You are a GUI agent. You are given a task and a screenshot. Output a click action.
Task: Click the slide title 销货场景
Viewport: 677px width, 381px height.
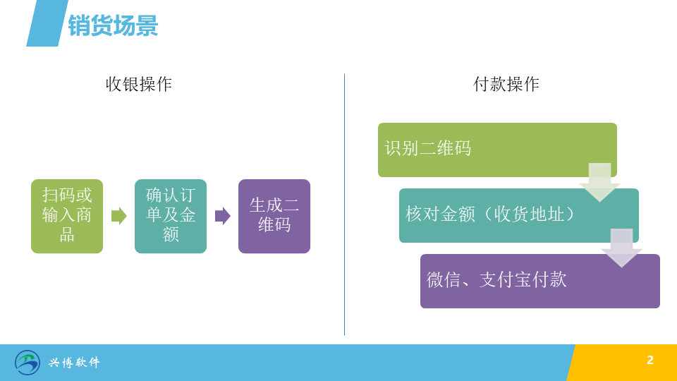[x=113, y=25]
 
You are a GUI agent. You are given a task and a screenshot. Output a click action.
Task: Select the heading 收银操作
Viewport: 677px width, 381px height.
[x=139, y=84]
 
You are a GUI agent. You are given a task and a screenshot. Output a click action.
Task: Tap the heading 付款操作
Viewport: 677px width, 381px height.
[x=506, y=84]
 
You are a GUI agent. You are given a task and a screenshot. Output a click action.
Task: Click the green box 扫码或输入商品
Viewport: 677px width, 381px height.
[x=67, y=216]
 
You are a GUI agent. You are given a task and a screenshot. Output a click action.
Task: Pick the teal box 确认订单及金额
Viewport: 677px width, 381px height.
[x=171, y=216]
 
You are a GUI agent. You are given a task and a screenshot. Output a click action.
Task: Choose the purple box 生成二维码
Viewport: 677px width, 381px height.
[x=274, y=216]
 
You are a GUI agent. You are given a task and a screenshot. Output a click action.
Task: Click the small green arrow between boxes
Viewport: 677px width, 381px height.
[x=118, y=216]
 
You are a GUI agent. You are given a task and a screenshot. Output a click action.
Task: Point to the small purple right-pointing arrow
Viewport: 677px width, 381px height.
[x=222, y=216]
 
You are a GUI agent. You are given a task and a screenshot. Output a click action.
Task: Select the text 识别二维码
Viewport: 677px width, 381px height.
[x=428, y=148]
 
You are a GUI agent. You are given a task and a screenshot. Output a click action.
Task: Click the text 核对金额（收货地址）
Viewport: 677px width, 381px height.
[x=490, y=214]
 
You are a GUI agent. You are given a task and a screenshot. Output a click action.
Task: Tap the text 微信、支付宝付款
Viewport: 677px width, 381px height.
[x=496, y=279]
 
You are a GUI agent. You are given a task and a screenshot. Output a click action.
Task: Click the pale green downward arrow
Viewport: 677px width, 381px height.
[x=599, y=182]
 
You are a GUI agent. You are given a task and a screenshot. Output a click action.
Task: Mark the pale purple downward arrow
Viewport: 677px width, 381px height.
[x=621, y=248]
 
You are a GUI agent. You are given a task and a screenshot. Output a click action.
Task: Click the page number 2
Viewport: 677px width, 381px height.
[x=650, y=361]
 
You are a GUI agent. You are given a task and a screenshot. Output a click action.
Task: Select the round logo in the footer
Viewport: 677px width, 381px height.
[x=28, y=363]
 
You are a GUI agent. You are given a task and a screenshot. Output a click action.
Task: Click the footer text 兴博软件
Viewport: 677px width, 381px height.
[x=74, y=362]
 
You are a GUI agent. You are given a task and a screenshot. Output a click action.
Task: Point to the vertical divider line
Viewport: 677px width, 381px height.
[x=344, y=205]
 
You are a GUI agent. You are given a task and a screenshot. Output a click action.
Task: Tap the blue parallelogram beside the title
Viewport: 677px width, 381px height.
[x=47, y=23]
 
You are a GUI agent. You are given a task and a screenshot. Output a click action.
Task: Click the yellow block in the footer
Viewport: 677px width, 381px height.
[x=622, y=363]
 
